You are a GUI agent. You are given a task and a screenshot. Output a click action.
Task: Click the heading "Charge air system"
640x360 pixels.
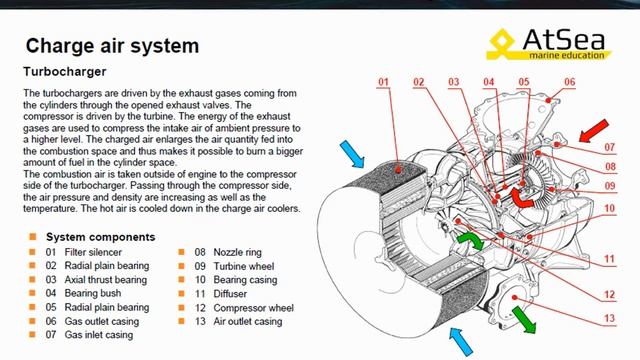tap(112, 45)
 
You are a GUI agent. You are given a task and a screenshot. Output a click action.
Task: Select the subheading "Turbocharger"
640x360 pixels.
tap(64, 71)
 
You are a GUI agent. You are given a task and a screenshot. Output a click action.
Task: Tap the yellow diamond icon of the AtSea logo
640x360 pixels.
tap(502, 42)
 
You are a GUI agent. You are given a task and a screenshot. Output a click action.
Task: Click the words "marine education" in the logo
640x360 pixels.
tap(567, 55)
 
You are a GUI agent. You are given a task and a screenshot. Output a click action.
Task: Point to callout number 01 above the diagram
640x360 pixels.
tap(383, 82)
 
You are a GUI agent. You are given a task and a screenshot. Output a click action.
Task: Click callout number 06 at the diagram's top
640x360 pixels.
tap(569, 82)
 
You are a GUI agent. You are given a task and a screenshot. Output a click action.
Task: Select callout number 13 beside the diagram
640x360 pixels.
tap(609, 318)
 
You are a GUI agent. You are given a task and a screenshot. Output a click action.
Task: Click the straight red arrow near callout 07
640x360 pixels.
tap(594, 131)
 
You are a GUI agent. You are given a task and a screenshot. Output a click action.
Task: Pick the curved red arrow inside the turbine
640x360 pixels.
tap(521, 197)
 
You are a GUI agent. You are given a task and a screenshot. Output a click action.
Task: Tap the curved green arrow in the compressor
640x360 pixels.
tap(471, 240)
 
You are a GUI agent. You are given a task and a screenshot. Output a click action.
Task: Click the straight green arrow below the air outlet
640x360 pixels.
tap(524, 320)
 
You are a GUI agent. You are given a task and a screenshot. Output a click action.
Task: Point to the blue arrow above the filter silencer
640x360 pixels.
tap(351, 154)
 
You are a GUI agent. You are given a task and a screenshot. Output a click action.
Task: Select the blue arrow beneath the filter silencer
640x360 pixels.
tap(461, 342)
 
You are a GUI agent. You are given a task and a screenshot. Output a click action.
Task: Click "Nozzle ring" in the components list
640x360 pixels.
tap(238, 252)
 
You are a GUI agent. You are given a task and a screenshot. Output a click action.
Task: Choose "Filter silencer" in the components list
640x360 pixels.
tap(93, 252)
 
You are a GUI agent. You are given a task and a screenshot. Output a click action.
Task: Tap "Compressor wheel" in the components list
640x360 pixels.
tap(253, 308)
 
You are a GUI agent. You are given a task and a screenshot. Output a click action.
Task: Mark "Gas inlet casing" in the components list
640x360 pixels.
tap(99, 335)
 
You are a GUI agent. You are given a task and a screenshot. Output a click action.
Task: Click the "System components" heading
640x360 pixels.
tap(100, 237)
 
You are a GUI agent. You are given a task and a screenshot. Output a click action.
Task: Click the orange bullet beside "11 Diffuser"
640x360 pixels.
tap(182, 293)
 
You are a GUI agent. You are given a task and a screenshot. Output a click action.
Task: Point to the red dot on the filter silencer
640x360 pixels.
tap(398, 170)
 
